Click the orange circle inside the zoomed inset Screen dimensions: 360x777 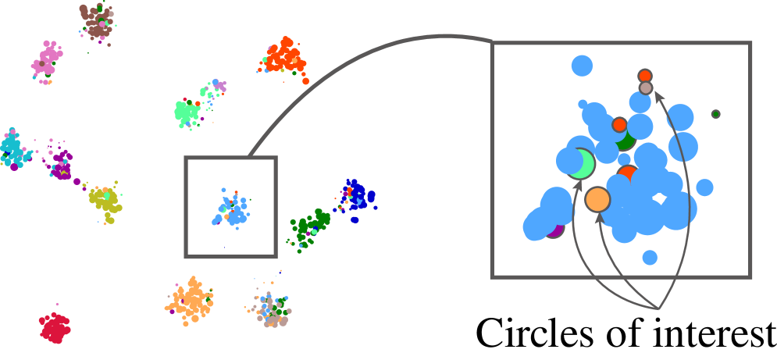click(597, 199)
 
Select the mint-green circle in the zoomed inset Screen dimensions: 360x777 click(582, 164)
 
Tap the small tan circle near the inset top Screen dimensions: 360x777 click(646, 88)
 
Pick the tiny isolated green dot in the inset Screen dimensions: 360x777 click(715, 114)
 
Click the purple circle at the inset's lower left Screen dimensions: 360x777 click(554, 228)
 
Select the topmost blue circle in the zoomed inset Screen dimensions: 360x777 click(582, 66)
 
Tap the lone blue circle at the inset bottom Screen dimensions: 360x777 click(650, 257)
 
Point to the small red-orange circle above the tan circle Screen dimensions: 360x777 click(645, 76)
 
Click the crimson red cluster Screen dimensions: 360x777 click(54, 328)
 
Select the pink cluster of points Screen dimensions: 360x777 click(47, 61)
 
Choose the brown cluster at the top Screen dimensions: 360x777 click(97, 21)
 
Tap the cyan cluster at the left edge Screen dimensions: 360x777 click(12, 148)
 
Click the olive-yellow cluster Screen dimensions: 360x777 click(105, 201)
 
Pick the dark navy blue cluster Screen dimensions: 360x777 click(358, 197)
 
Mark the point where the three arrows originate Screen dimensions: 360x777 click(659, 309)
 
